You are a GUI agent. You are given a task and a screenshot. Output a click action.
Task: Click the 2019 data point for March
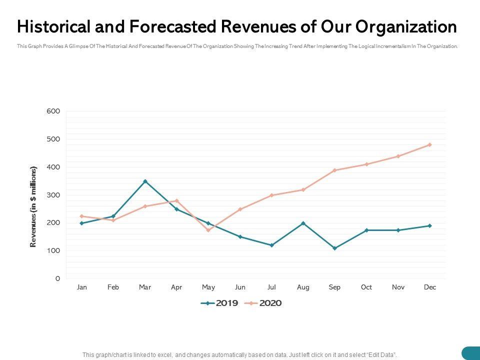[x=145, y=181]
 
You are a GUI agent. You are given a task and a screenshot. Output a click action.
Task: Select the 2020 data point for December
[x=429, y=145]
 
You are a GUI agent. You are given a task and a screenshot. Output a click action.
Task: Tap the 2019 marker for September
[x=334, y=248]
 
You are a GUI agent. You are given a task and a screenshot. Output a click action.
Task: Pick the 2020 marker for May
[x=208, y=230]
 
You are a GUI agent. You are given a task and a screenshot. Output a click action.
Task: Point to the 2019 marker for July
[x=271, y=245]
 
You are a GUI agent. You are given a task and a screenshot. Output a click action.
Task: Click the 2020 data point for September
[x=334, y=170]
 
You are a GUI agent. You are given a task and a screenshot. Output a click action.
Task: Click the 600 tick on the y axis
[x=53, y=111]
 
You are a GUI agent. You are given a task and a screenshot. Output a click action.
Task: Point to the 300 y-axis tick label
[x=53, y=194]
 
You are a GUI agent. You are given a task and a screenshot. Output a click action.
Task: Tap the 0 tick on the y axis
[x=57, y=278]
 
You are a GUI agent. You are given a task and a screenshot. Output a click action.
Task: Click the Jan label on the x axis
[x=82, y=287]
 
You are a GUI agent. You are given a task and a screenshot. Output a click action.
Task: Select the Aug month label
[x=303, y=287]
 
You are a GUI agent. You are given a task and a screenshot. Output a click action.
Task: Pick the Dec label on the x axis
[x=429, y=287]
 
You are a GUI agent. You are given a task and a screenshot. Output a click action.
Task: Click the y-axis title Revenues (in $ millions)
[x=33, y=206]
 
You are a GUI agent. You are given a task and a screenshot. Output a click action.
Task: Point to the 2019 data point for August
[x=303, y=223]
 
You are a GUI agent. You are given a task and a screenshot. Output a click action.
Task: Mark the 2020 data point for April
[x=176, y=200]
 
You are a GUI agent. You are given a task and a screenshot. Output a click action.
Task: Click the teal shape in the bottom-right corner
[x=471, y=353]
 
